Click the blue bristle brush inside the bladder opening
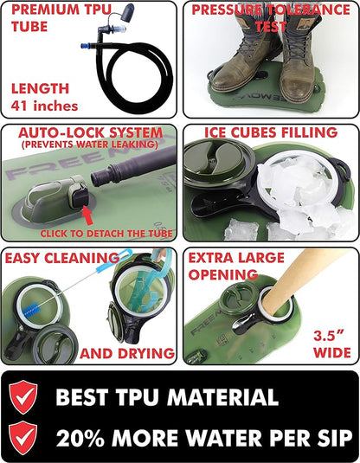tap(35, 310)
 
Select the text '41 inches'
tap(45, 106)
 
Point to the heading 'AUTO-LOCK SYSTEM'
tap(90, 132)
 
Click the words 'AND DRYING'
tap(127, 353)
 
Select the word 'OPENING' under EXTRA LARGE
tap(223, 274)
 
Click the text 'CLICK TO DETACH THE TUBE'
tap(106, 234)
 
